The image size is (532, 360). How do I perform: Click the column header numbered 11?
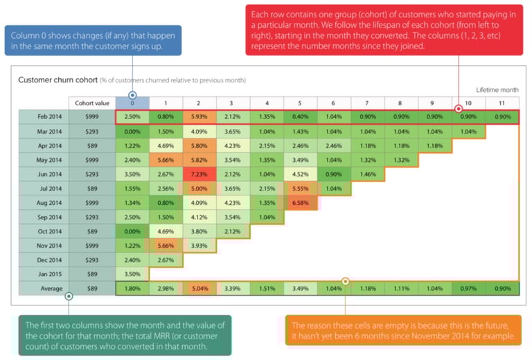[x=501, y=102]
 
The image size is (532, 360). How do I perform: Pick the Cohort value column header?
[x=91, y=102]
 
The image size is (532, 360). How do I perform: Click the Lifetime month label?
[x=497, y=90]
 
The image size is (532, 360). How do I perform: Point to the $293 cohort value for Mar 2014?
[x=91, y=131]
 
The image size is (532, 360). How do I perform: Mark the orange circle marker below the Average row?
[x=345, y=282]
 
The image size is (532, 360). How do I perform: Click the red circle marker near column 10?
[x=458, y=109]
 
